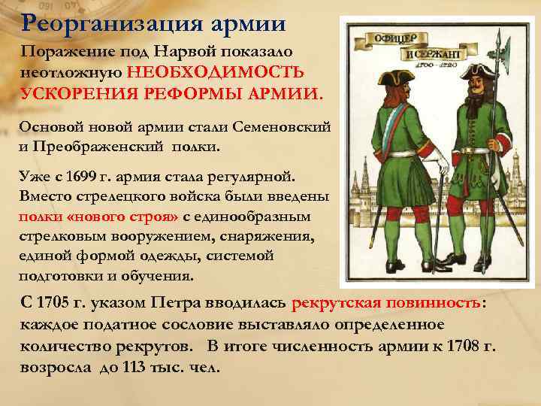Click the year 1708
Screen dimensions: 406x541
[x=464, y=347]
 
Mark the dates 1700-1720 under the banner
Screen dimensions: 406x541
[x=450, y=67]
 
